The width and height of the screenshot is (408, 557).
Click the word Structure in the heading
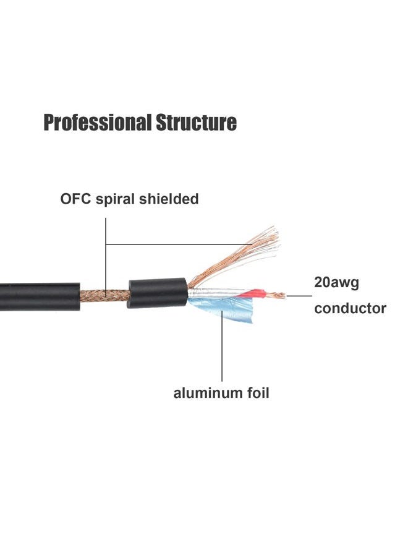click(196, 123)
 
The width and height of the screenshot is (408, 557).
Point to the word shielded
click(169, 199)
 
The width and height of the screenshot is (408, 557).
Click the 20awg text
click(336, 283)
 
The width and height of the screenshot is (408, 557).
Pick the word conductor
click(350, 308)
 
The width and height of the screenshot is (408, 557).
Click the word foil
click(256, 392)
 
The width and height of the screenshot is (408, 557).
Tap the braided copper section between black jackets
click(104, 296)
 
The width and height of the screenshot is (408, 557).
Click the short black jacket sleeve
click(157, 293)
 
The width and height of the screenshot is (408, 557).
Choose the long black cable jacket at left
click(40, 296)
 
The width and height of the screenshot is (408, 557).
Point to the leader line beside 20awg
click(299, 296)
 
